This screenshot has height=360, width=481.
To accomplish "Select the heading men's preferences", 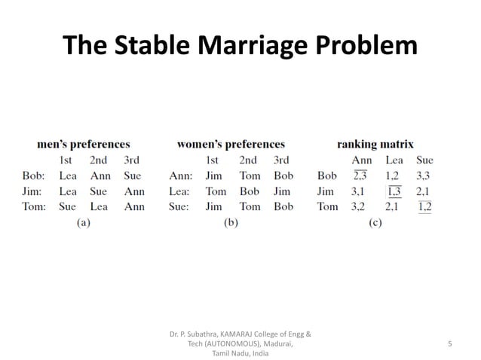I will pos(84,144).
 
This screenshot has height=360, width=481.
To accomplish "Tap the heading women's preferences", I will pos(231,144).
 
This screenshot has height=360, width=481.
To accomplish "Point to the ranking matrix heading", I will pos(375,144).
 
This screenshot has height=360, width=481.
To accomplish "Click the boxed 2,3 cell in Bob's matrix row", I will pos(363,175).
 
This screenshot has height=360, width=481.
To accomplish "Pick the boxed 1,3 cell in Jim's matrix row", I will pos(394,191).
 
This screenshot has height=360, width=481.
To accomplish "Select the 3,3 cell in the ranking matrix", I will pos(424,175).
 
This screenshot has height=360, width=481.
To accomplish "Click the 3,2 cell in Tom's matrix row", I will pos(363,206).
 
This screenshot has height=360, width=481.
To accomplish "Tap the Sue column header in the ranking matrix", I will pos(424,160).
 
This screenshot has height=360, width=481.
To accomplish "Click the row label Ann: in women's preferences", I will pos(179,175).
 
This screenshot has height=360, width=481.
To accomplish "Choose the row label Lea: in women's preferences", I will pos(179,191).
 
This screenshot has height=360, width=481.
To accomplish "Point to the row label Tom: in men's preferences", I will pos(34,206).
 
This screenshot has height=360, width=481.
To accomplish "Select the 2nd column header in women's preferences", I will pos(248,160).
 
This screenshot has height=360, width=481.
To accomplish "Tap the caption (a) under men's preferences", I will pos(83,223).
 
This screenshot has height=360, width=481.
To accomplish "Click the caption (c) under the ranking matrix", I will pos(375,223).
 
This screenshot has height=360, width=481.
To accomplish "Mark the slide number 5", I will pos(449,343).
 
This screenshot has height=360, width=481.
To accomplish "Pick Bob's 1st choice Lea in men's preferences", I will pos(68,175).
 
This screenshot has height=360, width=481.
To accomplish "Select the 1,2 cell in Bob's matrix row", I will pos(394,175).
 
